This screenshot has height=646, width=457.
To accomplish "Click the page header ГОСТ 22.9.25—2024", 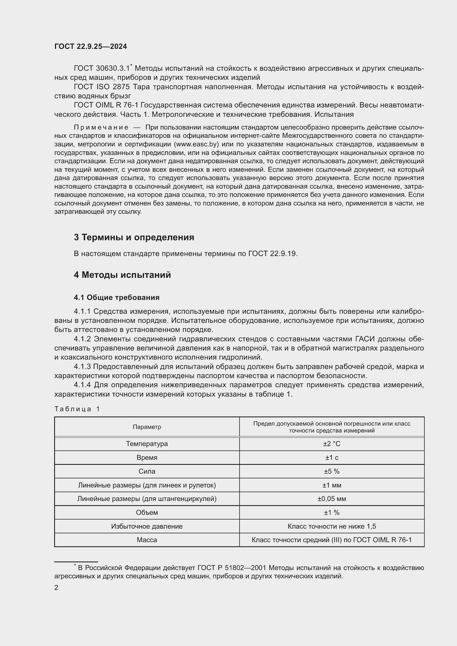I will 91,46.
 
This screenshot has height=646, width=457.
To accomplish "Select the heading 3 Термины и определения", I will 134,237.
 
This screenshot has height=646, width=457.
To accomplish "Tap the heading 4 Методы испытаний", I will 122,275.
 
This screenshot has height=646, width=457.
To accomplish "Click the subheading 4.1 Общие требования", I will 117,297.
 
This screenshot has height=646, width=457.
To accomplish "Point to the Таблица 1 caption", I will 77,409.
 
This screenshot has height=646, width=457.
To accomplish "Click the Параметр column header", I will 147,427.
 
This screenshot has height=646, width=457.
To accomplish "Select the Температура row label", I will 147,444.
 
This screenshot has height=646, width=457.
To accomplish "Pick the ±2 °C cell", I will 332,444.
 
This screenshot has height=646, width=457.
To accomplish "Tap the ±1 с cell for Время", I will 332,457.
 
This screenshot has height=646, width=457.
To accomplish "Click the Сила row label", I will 147,471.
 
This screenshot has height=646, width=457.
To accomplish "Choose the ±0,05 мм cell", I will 332,499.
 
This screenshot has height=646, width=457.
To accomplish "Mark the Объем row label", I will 147,512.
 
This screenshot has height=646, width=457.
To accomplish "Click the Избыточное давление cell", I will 147,526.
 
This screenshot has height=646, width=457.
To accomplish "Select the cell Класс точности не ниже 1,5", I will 332,526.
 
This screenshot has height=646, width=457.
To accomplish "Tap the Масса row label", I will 147,540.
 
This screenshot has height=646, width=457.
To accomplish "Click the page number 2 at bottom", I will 56,587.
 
